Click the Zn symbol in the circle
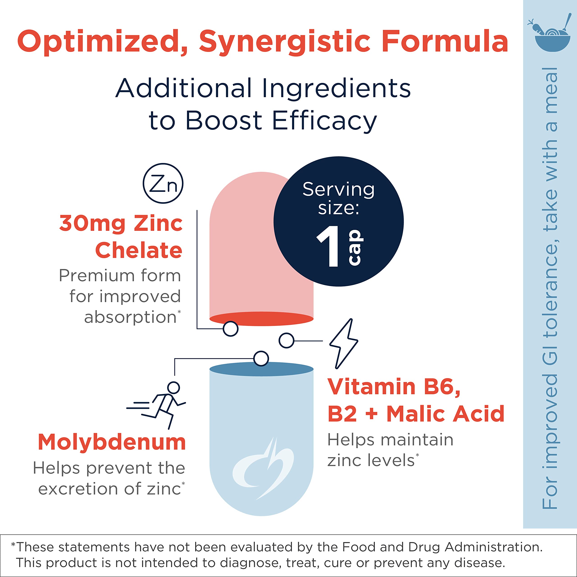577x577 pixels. click(x=163, y=183)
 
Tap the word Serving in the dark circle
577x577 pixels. click(x=338, y=189)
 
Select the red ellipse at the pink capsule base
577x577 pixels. click(x=261, y=318)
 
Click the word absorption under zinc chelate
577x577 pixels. click(x=131, y=317)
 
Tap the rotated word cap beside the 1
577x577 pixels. click(x=356, y=247)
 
